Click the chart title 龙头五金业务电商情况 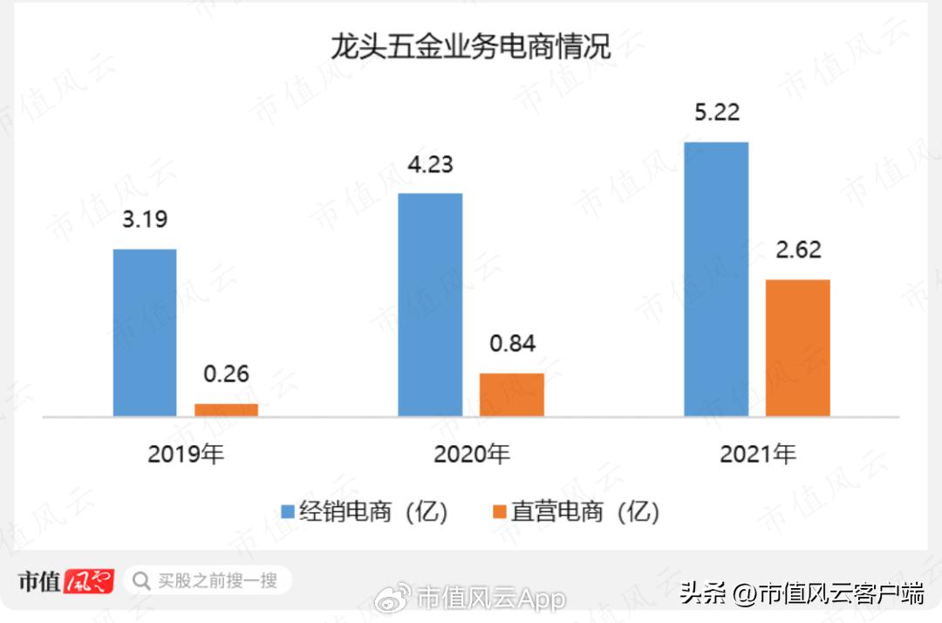point(470,45)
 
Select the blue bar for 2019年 point(145,332)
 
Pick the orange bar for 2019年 point(226,409)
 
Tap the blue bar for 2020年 point(430,305)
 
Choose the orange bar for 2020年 point(511,394)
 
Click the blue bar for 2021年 point(716,278)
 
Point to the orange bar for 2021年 point(797,347)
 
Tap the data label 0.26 point(226,374)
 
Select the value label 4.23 point(430,165)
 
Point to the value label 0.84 point(512,344)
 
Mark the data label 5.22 point(716,113)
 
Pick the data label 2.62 point(797,250)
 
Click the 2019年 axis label point(186,454)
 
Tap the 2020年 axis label point(471,454)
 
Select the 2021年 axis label point(757,454)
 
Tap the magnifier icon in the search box point(141,580)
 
